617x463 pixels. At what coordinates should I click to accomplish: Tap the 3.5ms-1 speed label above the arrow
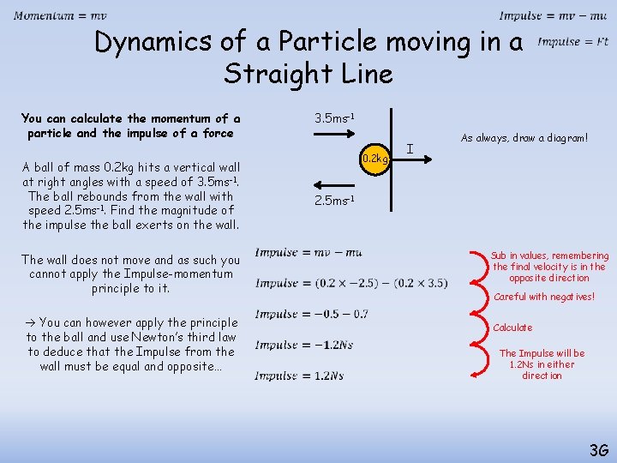(x=335, y=117)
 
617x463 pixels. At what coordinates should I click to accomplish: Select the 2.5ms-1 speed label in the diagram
(x=335, y=201)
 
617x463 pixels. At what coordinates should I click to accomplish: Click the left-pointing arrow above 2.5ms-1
(x=335, y=183)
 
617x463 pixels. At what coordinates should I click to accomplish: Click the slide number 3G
(x=598, y=449)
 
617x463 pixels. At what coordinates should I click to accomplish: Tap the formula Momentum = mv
(x=60, y=16)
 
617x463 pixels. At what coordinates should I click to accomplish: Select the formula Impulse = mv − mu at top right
(x=553, y=16)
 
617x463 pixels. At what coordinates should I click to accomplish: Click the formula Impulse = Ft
(x=572, y=41)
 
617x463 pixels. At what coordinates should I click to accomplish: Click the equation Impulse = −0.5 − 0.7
(x=311, y=314)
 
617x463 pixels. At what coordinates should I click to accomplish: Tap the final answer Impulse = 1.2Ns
(x=299, y=376)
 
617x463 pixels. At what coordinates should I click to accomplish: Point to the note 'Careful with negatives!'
(x=544, y=298)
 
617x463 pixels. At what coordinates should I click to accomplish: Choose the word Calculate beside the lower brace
(x=512, y=328)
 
